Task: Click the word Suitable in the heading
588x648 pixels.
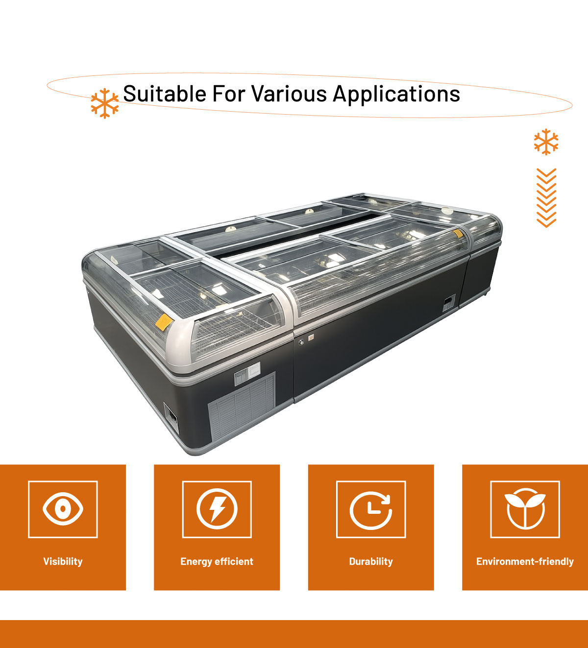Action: [165, 94]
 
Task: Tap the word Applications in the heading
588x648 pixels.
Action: [396, 95]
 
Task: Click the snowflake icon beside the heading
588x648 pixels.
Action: [105, 103]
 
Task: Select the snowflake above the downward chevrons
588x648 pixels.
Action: [546, 142]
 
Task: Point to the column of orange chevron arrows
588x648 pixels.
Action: [546, 198]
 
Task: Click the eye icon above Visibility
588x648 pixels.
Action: [63, 509]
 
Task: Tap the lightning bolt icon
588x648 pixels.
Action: [217, 509]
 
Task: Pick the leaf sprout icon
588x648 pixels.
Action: [525, 509]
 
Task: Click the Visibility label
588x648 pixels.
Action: [63, 561]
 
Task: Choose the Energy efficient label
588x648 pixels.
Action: [217, 561]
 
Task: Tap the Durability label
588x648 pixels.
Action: [371, 561]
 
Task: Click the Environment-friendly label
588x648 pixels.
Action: [525, 561]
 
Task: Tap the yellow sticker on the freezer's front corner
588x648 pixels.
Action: [164, 322]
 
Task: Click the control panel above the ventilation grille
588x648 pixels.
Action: [247, 374]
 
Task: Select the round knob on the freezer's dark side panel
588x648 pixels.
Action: [301, 342]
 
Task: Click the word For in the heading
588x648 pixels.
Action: [228, 94]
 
